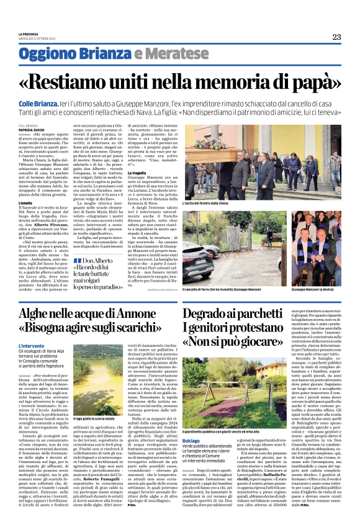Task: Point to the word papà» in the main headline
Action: tap(310, 81)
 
